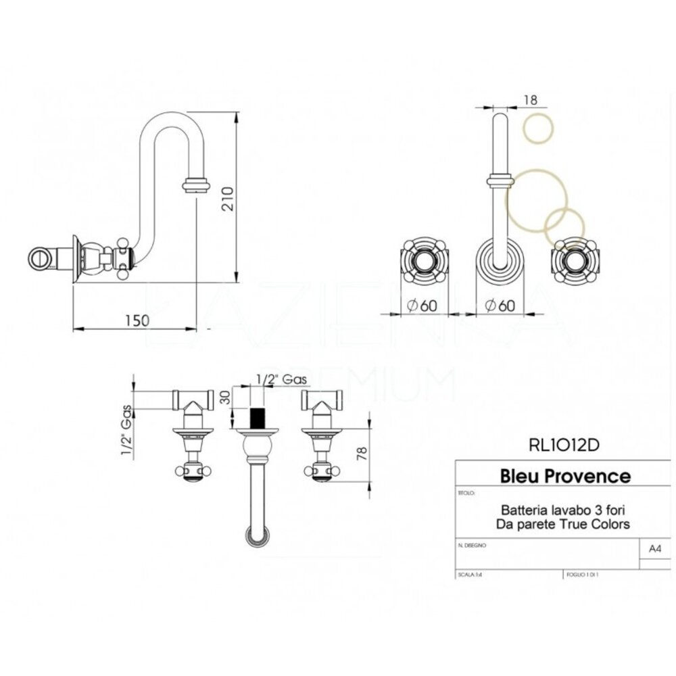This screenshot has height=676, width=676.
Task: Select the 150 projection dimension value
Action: pyautogui.click(x=137, y=320)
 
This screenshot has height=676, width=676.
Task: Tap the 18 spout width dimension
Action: pyautogui.click(x=531, y=99)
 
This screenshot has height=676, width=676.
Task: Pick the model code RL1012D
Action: pyautogui.click(x=563, y=445)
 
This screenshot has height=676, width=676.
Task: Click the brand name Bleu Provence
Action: pyautogui.click(x=564, y=476)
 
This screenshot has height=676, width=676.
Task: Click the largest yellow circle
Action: pyautogui.click(x=537, y=199)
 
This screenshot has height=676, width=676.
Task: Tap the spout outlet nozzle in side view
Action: pyautogui.click(x=197, y=184)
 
